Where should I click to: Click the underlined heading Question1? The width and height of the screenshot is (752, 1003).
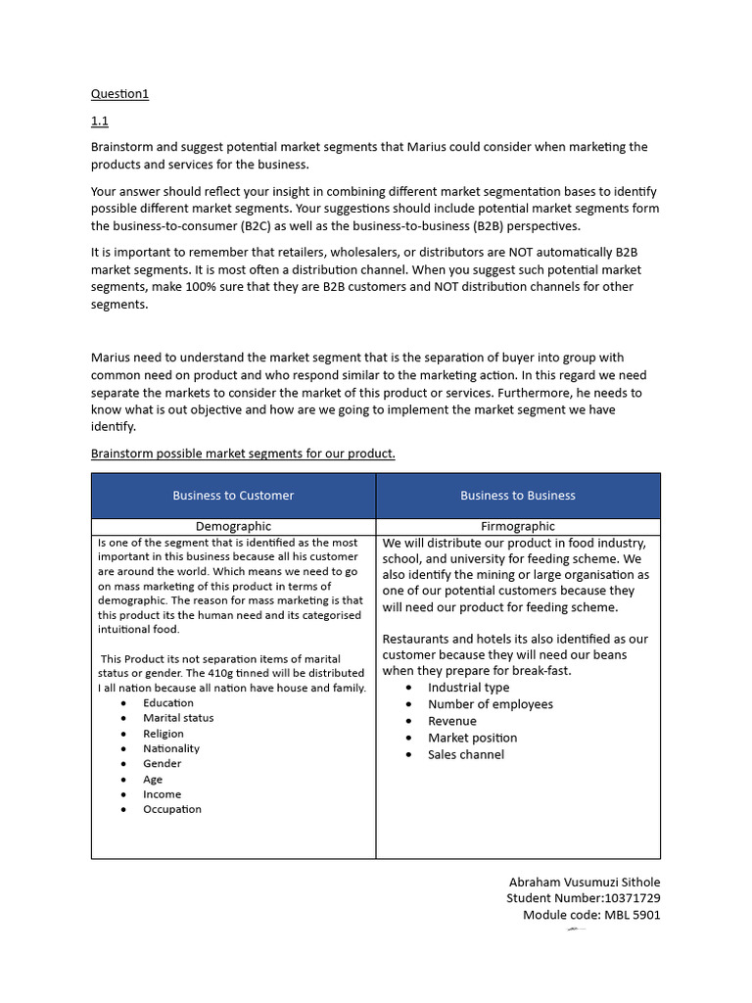pos(119,94)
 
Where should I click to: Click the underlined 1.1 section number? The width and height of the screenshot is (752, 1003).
pos(99,120)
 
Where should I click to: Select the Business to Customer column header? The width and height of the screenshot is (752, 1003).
pos(233,496)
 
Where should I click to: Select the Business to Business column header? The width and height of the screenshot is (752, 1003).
pos(518,496)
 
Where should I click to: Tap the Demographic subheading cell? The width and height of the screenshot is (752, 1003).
pos(233,527)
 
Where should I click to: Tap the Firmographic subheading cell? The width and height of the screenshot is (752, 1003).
pos(518,527)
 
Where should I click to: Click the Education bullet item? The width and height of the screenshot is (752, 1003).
pos(168,703)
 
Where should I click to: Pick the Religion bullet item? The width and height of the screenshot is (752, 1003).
pos(164,734)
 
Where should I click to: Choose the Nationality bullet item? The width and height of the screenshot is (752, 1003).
pos(171,748)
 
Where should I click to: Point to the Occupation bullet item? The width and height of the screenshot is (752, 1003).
pos(172,809)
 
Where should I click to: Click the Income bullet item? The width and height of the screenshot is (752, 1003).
pos(162,794)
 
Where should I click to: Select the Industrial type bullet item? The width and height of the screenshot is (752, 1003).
pos(468,688)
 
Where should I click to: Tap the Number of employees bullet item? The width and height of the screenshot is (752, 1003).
pos(490,704)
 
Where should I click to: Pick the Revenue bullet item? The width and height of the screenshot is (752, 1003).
pos(452,721)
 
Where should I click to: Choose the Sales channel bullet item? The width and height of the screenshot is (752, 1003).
pos(466,754)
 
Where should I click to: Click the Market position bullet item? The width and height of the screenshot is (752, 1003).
pos(472,738)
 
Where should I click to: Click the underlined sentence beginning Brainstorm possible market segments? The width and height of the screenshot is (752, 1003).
pos(243,454)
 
